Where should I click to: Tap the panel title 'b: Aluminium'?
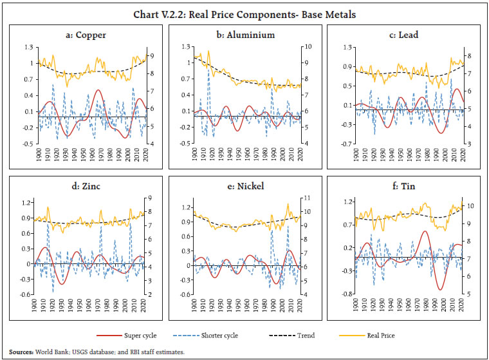point(244,35)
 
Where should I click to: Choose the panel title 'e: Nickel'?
point(244,187)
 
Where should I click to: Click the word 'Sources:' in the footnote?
point(21,352)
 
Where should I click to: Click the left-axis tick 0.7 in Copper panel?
point(28,79)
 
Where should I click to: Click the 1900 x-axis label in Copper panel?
point(39,155)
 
